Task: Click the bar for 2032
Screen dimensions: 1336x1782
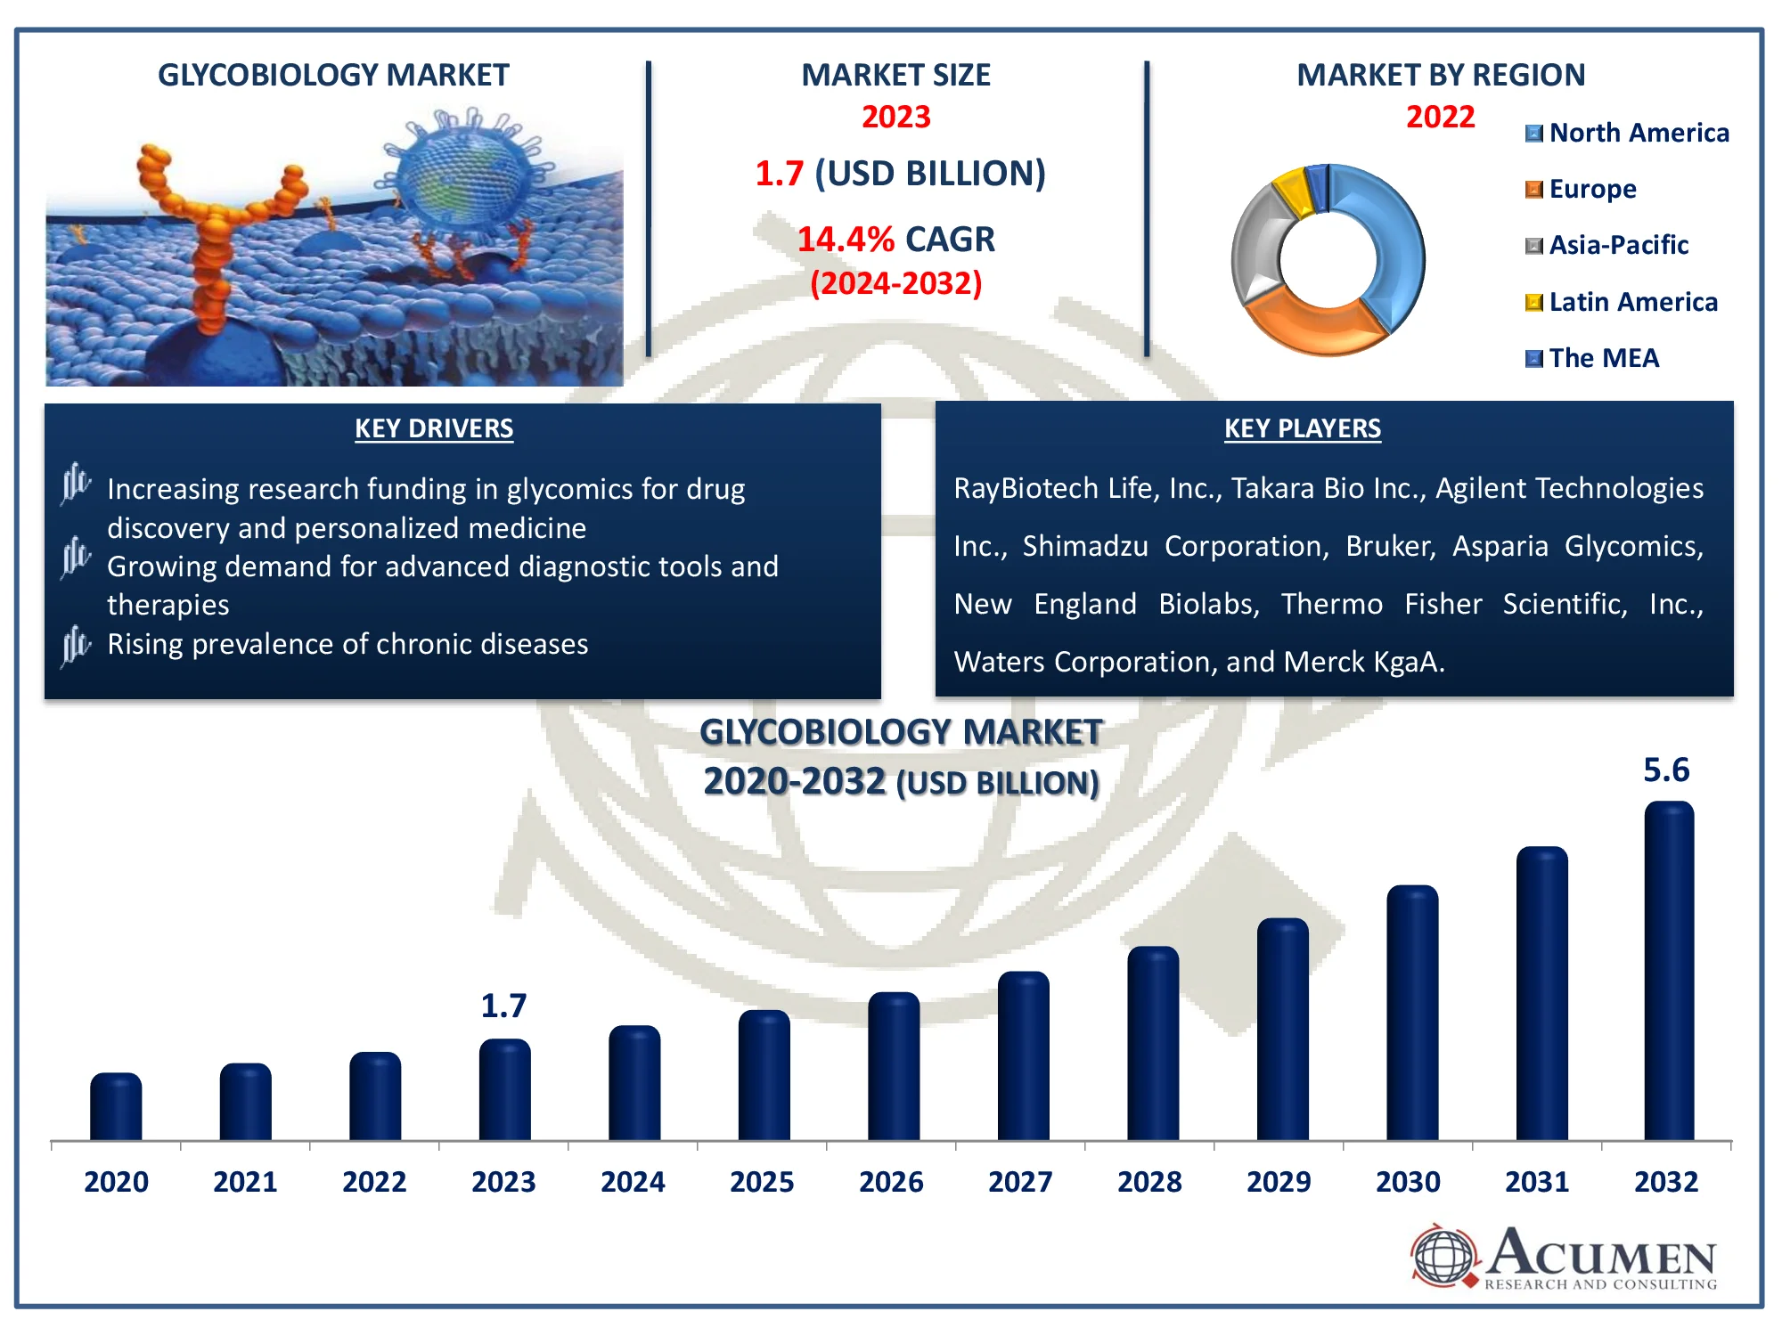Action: [x=1668, y=971]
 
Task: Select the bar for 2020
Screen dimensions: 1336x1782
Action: [x=116, y=1107]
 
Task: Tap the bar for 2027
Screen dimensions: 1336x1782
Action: [x=1022, y=1056]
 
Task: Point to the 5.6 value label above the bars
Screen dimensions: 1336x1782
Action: [x=1665, y=770]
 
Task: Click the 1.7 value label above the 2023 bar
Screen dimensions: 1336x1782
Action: [x=503, y=1006]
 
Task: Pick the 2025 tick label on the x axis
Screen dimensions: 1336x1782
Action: [x=762, y=1182]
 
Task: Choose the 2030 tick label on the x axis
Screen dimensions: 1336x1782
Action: [x=1408, y=1182]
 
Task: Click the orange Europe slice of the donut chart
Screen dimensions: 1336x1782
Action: [x=1310, y=325]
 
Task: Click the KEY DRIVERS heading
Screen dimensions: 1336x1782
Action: [x=434, y=428]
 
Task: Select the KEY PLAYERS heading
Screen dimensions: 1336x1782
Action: [x=1302, y=428]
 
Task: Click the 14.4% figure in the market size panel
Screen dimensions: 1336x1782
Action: [x=845, y=240]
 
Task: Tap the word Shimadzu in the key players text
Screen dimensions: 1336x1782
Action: [x=1084, y=546]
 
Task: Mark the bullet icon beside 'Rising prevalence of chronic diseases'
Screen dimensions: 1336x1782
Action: [x=76, y=644]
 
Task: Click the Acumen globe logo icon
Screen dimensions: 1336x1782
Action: [x=1443, y=1256]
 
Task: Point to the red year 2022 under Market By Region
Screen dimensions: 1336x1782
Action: [x=1440, y=117]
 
